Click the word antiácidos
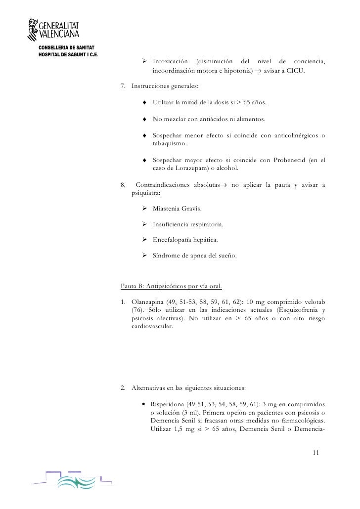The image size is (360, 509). click(x=207, y=119)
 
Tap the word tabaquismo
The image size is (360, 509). click(x=170, y=144)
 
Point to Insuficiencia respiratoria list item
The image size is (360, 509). click(x=188, y=224)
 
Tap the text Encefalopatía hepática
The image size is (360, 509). click(x=184, y=240)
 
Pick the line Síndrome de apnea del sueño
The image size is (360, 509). click(x=194, y=255)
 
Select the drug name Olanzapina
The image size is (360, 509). click(x=147, y=302)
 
